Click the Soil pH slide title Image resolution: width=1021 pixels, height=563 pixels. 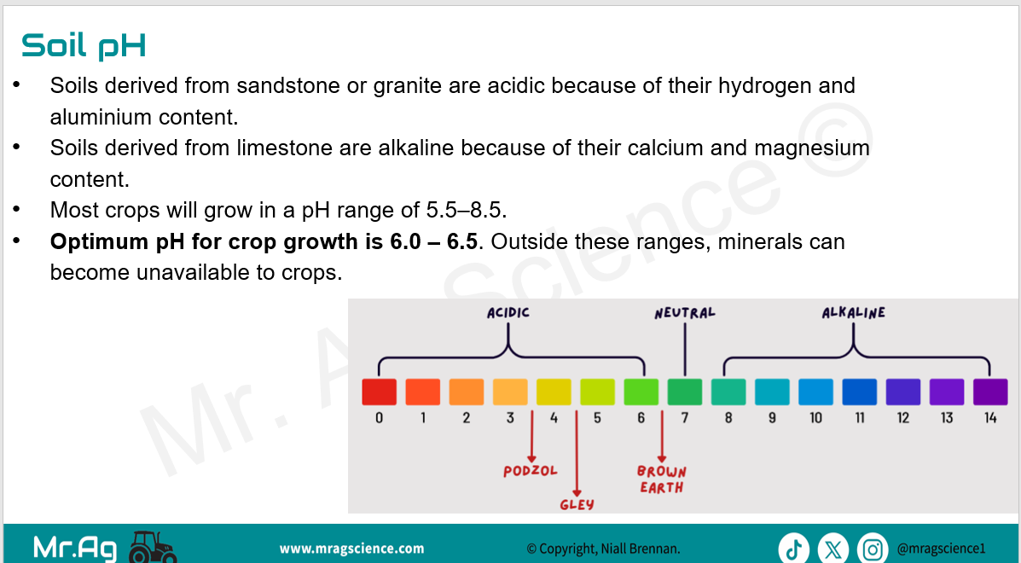point(84,45)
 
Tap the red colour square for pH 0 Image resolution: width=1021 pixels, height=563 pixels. point(379,392)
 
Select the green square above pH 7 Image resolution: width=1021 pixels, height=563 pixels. point(684,392)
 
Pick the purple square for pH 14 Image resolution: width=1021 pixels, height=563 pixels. point(989,392)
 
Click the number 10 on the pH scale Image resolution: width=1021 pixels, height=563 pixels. point(816,418)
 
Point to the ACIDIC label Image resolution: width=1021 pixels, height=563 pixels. point(508,313)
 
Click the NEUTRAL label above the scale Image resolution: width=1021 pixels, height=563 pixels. point(684,313)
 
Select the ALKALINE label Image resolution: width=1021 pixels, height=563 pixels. point(853,313)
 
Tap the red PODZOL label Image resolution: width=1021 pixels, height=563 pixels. point(530,471)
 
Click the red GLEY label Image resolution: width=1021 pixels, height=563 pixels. point(577,504)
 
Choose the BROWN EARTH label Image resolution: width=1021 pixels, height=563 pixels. point(662,479)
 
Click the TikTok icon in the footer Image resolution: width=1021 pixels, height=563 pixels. point(793,548)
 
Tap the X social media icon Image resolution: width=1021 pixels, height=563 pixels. point(832,548)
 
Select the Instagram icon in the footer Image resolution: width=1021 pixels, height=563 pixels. point(873,548)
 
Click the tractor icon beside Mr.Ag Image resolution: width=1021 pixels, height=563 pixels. point(153,547)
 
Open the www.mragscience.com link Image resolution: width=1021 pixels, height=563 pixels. point(351,548)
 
